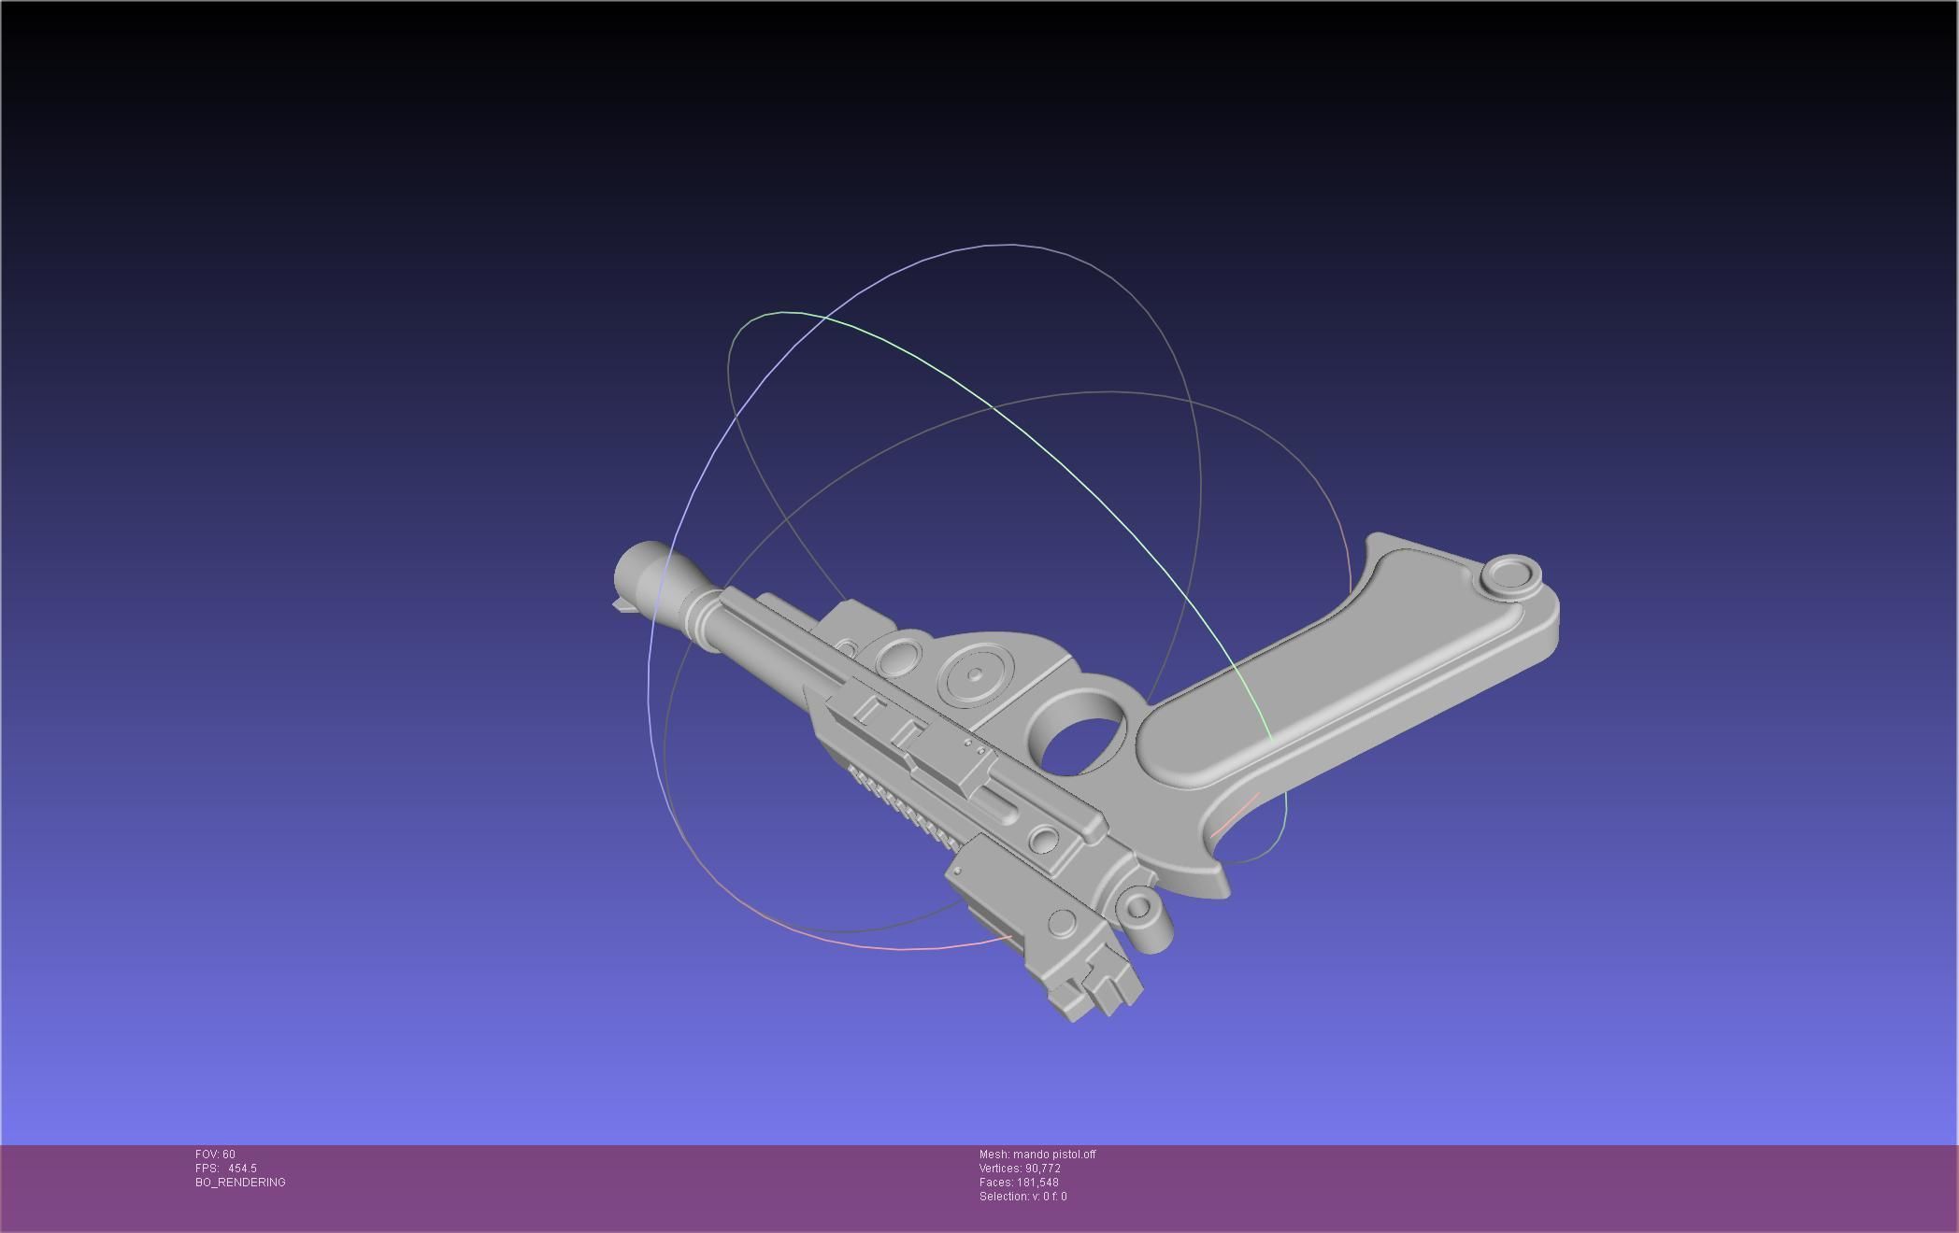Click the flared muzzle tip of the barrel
coord(639,566)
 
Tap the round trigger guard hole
coord(1082,737)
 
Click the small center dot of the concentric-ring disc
coord(976,674)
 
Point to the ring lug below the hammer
coord(1139,905)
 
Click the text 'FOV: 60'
coord(215,1155)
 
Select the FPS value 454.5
coord(242,1169)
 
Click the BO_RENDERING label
coord(240,1183)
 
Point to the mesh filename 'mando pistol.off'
coord(1053,1155)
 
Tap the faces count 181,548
coord(1037,1183)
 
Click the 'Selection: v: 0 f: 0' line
coord(1022,1197)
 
